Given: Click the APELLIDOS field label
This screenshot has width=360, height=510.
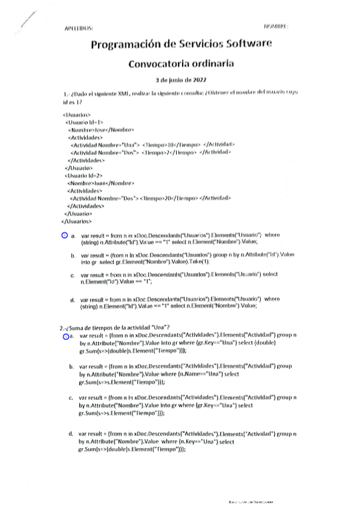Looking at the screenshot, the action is (78, 28).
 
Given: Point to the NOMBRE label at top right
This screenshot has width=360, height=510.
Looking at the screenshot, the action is (276, 27).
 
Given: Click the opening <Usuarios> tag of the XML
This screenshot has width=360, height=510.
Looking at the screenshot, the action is (76, 114).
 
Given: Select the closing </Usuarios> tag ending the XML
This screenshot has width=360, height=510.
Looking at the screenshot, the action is (78, 221).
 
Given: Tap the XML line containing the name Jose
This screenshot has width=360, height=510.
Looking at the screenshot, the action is (101, 129).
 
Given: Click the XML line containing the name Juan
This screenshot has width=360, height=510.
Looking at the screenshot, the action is (101, 182).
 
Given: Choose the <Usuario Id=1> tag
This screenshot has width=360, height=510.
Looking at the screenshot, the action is (84, 121).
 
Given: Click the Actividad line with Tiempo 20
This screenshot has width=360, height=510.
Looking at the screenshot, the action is (150, 198).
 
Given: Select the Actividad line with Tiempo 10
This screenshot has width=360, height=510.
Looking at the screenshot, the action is (153, 145).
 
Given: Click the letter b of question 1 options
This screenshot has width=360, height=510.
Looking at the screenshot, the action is (72, 256).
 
